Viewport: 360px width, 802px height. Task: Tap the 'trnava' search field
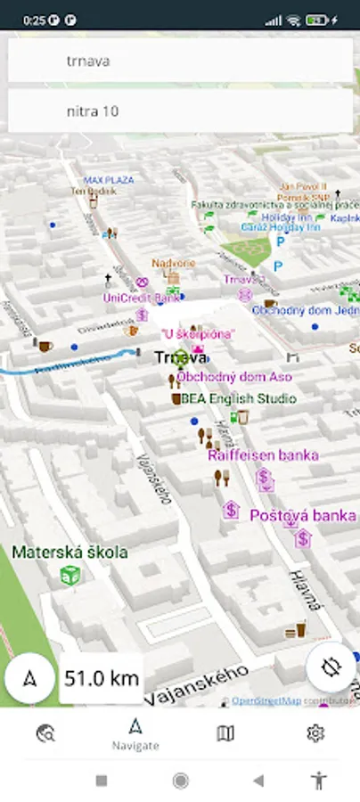pyautogui.click(x=180, y=61)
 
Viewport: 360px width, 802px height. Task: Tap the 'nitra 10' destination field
pyautogui.click(x=180, y=111)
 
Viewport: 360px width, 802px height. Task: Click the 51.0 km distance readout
pyautogui.click(x=102, y=678)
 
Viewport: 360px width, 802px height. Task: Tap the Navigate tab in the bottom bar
pyautogui.click(x=135, y=734)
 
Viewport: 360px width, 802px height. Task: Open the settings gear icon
pyautogui.click(x=315, y=733)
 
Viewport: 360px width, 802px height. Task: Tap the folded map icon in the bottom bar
pyautogui.click(x=225, y=733)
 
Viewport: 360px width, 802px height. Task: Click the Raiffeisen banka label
pyautogui.click(x=263, y=455)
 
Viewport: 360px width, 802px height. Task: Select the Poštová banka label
pyautogui.click(x=302, y=516)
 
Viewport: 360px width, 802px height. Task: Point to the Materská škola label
pyautogui.click(x=70, y=552)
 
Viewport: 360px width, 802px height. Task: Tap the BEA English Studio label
pyautogui.click(x=239, y=398)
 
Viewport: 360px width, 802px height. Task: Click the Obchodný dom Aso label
pyautogui.click(x=234, y=377)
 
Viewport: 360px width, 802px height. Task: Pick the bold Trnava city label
pyautogui.click(x=181, y=357)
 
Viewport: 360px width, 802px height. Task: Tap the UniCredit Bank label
pyautogui.click(x=141, y=298)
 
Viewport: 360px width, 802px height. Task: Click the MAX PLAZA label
pyautogui.click(x=109, y=180)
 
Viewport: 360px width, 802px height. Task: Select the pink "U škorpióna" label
pyautogui.click(x=198, y=333)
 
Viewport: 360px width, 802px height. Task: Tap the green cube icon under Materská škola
pyautogui.click(x=70, y=576)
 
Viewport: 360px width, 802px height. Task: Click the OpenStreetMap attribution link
pyautogui.click(x=266, y=701)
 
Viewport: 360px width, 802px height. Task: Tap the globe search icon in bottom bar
pyautogui.click(x=45, y=733)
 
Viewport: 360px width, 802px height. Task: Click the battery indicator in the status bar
pyautogui.click(x=316, y=20)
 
